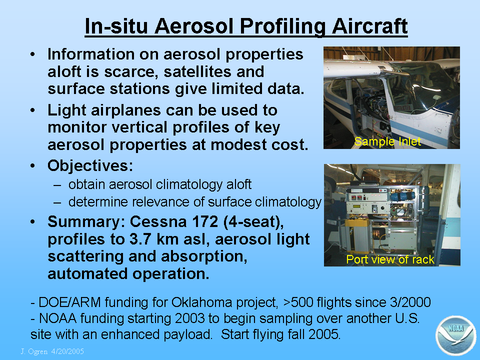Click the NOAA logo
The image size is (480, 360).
point(456,336)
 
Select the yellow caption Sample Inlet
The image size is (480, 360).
point(387,141)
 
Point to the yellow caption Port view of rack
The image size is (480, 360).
point(390,259)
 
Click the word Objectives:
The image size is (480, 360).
point(90,165)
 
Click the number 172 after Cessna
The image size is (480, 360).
point(205,221)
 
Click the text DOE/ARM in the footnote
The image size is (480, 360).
point(70,302)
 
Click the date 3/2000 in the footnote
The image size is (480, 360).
point(410,302)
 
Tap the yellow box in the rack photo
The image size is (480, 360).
point(357,236)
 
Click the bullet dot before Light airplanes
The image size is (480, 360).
point(33,110)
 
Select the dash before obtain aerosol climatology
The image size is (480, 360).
point(57,185)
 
